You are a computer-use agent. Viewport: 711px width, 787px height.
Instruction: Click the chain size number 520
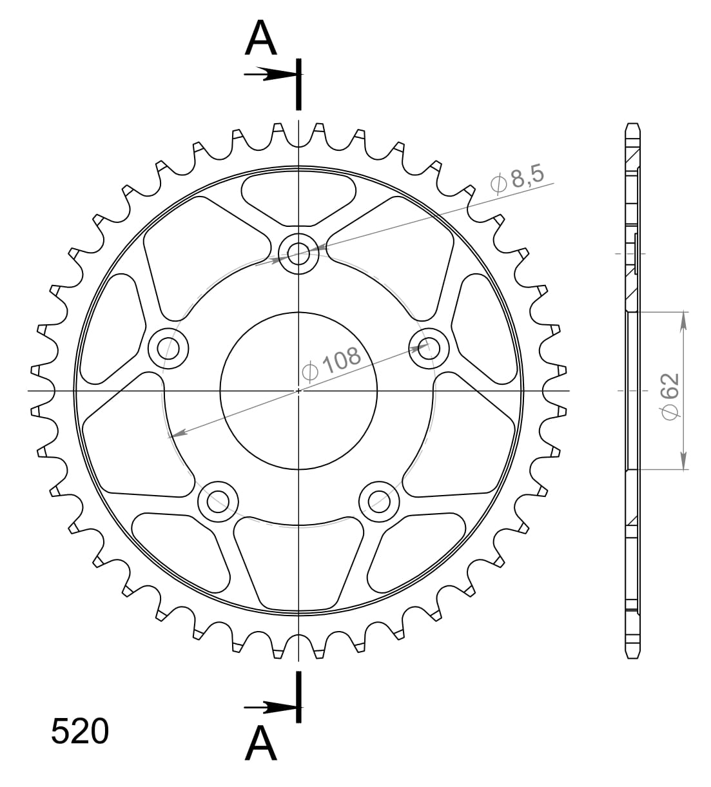80,732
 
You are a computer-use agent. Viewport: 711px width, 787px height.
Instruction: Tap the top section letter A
261,38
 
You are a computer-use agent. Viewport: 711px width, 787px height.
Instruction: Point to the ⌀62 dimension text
670,396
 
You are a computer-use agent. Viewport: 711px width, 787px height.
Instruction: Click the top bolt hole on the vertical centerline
298,252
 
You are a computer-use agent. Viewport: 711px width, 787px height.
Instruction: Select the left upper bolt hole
168,349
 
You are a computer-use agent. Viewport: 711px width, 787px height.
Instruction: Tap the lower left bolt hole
218,500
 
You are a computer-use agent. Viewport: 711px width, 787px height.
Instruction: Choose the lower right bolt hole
378,500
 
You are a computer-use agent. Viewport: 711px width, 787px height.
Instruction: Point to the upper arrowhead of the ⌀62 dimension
684,320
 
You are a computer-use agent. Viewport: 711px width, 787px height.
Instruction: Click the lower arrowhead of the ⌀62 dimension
684,462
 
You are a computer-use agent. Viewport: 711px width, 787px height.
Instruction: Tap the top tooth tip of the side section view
633,124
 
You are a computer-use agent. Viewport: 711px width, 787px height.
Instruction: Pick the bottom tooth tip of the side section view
633,657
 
